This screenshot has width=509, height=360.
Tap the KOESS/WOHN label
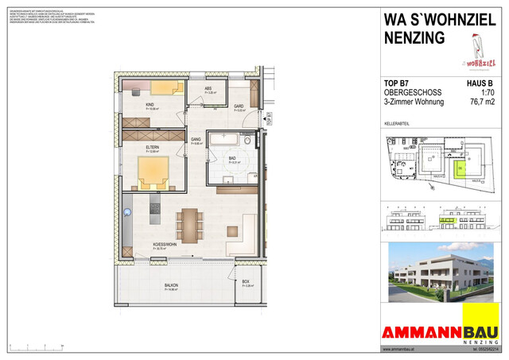tap(165, 246)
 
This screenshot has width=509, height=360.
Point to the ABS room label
tap(208, 88)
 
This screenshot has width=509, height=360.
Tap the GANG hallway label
tap(196, 140)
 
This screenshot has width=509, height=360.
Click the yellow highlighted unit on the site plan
tap(460, 168)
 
